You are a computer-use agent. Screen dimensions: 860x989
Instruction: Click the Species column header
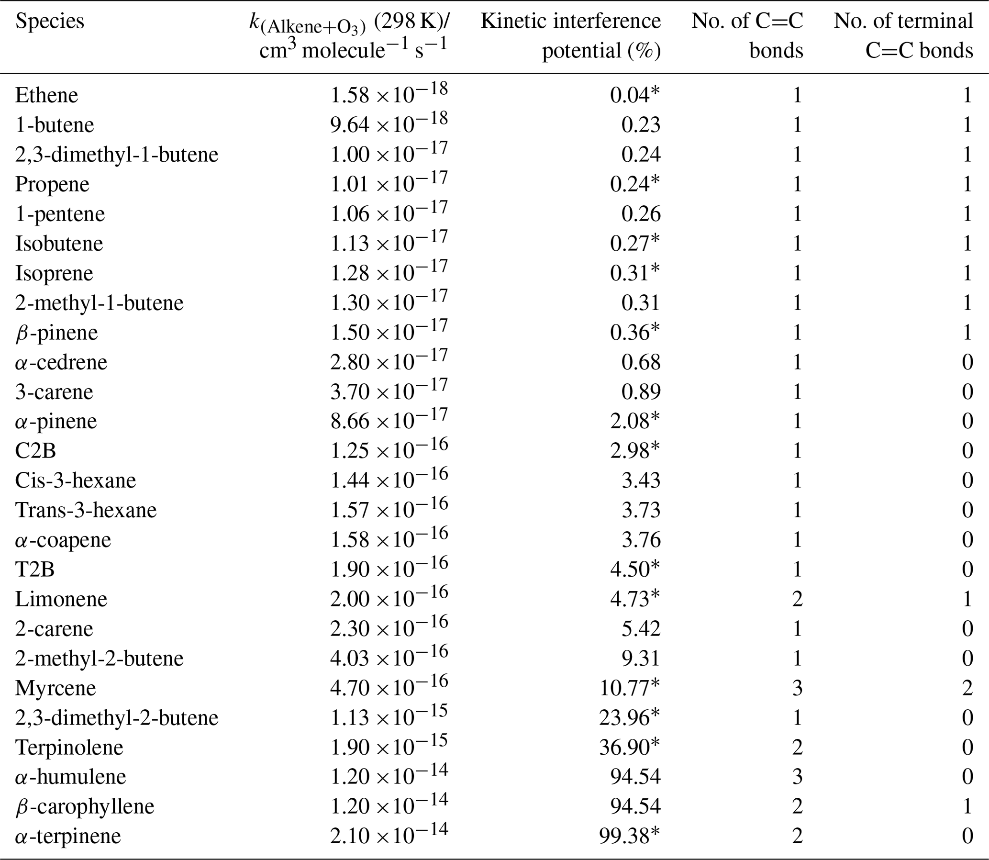(49, 21)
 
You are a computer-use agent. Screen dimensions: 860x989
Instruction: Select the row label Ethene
(46, 95)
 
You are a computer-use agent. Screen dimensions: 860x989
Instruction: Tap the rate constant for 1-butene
(388, 124)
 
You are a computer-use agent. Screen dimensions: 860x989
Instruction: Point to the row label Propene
(52, 184)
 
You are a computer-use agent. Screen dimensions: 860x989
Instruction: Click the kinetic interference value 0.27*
(634, 243)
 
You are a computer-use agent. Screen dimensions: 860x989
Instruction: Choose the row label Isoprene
(54, 273)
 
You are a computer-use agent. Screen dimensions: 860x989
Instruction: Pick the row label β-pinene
(56, 333)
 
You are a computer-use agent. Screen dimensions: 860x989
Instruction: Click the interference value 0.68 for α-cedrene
(641, 362)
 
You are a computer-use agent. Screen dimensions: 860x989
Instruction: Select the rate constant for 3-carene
(388, 391)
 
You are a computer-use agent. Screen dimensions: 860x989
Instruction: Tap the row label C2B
(35, 451)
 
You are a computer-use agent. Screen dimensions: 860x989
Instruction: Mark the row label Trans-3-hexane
(86, 510)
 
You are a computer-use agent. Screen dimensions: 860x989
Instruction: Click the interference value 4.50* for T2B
(634, 569)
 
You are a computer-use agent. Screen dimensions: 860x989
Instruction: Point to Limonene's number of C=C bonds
(797, 599)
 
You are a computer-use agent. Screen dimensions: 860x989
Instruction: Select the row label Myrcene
(55, 688)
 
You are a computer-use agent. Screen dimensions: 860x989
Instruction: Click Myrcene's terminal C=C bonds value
(967, 688)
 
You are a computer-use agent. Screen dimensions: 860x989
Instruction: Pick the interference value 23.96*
(629, 718)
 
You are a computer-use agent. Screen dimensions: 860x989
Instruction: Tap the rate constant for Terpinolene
(388, 747)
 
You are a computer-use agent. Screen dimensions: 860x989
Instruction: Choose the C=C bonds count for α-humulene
(797, 777)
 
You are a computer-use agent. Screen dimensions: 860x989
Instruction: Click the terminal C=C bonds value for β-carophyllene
(967, 806)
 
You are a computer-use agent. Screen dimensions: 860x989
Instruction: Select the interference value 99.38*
(629, 836)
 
